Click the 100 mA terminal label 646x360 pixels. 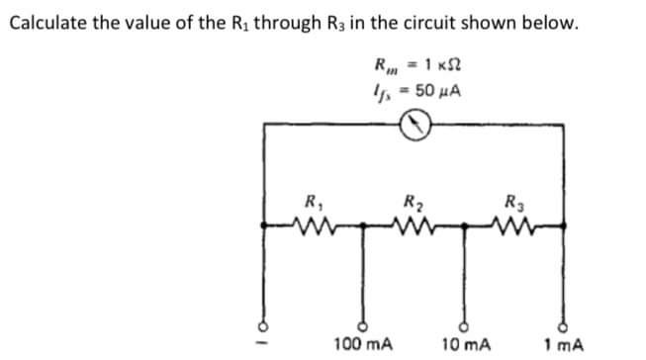[365, 345]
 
